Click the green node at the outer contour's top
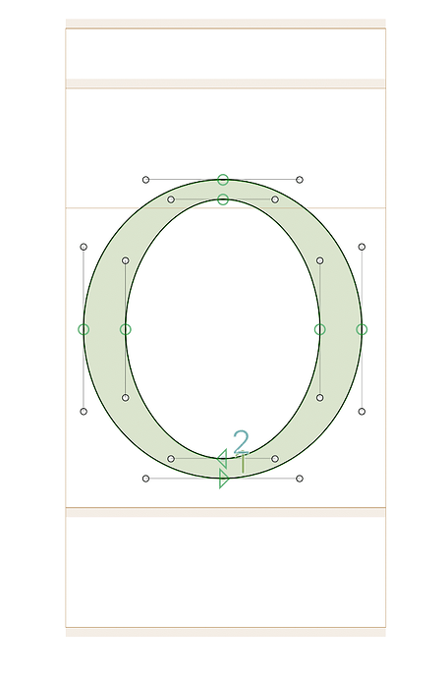[223, 180]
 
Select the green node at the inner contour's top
[223, 199]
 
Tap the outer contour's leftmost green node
[84, 329]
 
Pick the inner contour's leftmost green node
[126, 329]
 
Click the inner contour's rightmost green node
[320, 329]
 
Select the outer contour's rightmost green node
[362, 329]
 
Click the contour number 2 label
[242, 441]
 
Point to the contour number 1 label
[243, 463]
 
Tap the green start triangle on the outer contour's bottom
[224, 480]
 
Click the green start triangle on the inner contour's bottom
[222, 458]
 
